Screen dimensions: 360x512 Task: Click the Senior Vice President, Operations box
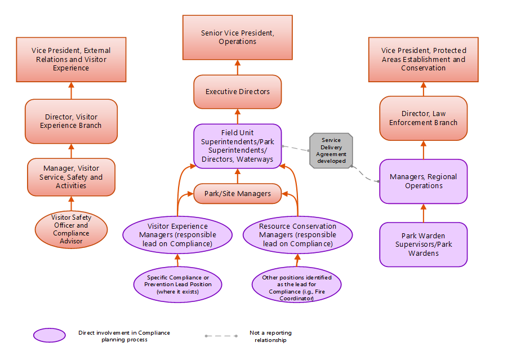[237, 37]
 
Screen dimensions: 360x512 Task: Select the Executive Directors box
[237, 91]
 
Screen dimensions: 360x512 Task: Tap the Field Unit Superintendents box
[237, 145]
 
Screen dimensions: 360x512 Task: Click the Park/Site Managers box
[237, 193]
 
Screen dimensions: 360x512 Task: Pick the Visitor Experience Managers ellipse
[177, 234]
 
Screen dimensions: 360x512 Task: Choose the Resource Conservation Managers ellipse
[297, 234]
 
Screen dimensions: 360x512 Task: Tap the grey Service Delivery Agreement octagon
[331, 150]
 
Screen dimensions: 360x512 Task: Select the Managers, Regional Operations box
[423, 181]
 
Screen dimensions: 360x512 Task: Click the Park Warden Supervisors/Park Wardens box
[423, 244]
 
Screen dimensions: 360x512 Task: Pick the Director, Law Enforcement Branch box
[423, 118]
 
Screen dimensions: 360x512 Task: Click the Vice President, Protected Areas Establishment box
[423, 59]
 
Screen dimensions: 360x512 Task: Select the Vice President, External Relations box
[71, 59]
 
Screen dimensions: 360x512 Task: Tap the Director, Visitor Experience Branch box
[71, 121]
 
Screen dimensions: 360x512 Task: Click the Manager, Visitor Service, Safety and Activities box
[71, 177]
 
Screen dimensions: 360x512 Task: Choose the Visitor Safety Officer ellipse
[71, 229]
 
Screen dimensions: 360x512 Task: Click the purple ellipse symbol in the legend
[50, 335]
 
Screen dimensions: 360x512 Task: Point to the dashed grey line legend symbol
[221, 336]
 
